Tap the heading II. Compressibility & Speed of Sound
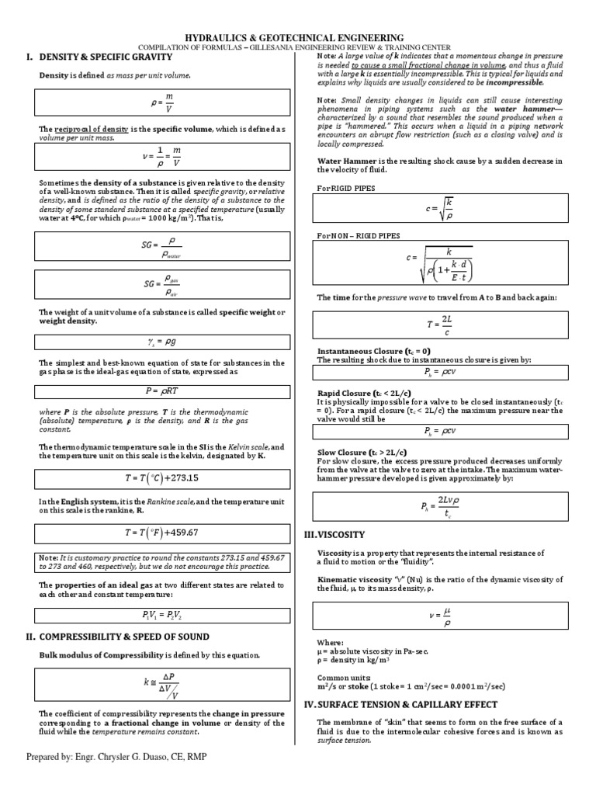(116, 637)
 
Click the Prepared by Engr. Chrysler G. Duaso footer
(116, 757)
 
